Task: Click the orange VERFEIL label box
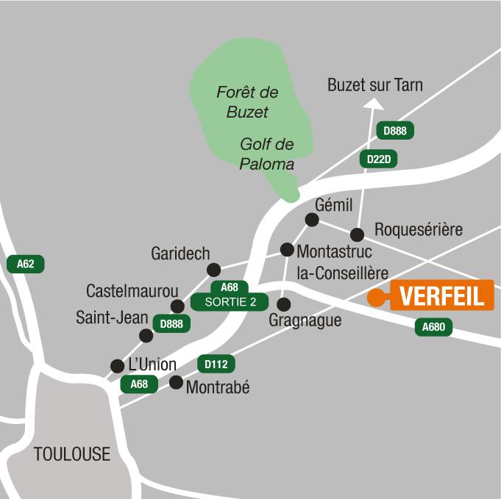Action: tap(441, 296)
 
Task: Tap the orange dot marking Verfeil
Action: tap(376, 298)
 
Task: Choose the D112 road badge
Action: tap(216, 364)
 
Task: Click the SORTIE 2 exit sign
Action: tap(230, 301)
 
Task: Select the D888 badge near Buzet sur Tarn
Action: tap(395, 131)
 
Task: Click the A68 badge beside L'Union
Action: tap(139, 384)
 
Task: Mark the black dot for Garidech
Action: tap(213, 270)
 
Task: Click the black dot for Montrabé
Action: tap(176, 382)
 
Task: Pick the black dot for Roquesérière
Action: tap(357, 235)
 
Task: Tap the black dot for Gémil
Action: tap(312, 220)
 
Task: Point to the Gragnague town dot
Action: tap(283, 304)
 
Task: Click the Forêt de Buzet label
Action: tap(247, 102)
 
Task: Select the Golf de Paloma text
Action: tap(266, 154)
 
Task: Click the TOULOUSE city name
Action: tap(72, 454)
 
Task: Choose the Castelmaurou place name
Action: tap(132, 291)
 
